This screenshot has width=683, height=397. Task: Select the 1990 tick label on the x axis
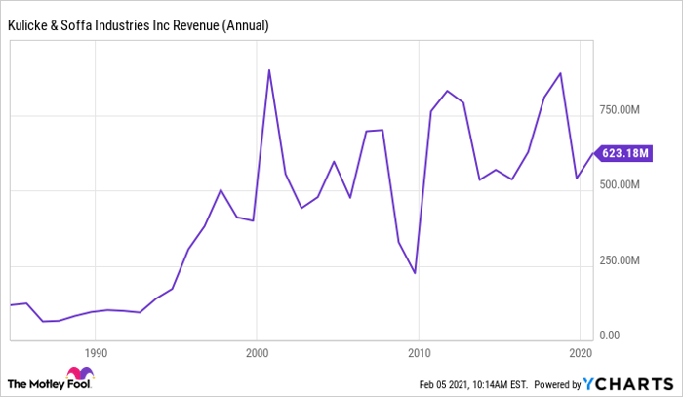click(x=95, y=353)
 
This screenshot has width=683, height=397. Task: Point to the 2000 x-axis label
click(x=256, y=353)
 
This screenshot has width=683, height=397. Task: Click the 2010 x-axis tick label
click(x=419, y=353)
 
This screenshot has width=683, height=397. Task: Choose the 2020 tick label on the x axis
click(x=580, y=353)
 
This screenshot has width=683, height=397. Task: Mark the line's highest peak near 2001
click(x=269, y=70)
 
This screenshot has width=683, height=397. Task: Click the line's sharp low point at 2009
click(x=415, y=272)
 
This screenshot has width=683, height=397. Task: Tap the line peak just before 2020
click(x=560, y=73)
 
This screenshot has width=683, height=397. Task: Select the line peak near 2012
click(x=447, y=91)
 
